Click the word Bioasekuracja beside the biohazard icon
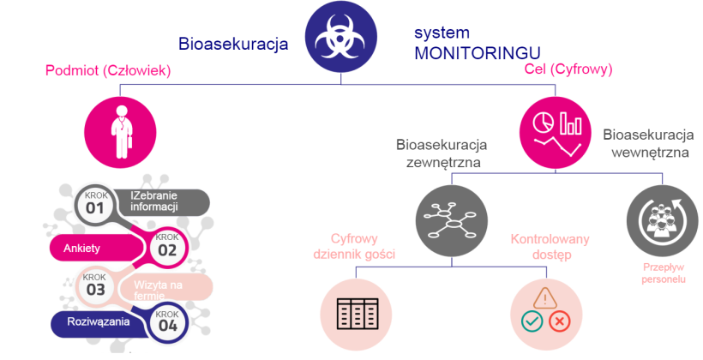coord(233,43)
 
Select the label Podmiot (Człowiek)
coord(108,71)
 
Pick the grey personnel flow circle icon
coord(659,219)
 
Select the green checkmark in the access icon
coord(532,322)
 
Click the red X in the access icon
coord(560,322)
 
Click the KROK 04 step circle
coord(168,322)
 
